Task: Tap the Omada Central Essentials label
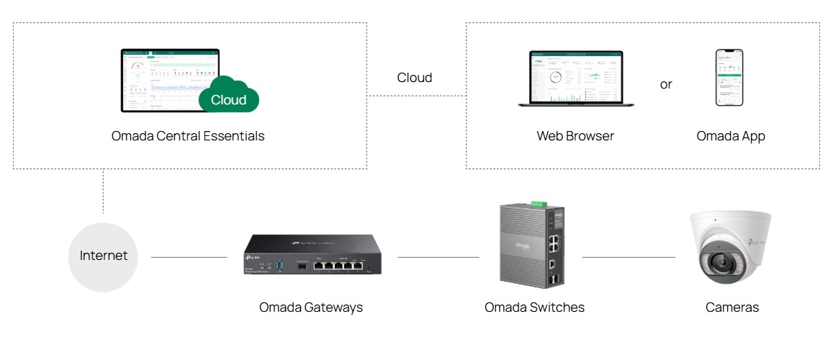point(188,135)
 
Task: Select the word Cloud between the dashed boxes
point(415,78)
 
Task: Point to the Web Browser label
point(575,135)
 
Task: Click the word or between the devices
point(666,84)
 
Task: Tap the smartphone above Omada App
point(729,78)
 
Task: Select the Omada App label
point(731,135)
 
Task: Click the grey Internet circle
point(103,256)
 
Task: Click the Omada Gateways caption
point(311,307)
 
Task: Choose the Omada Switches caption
point(534,307)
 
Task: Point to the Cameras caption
point(732,307)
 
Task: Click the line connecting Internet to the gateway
point(189,257)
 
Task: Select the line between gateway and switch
point(438,257)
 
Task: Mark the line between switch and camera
point(628,257)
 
